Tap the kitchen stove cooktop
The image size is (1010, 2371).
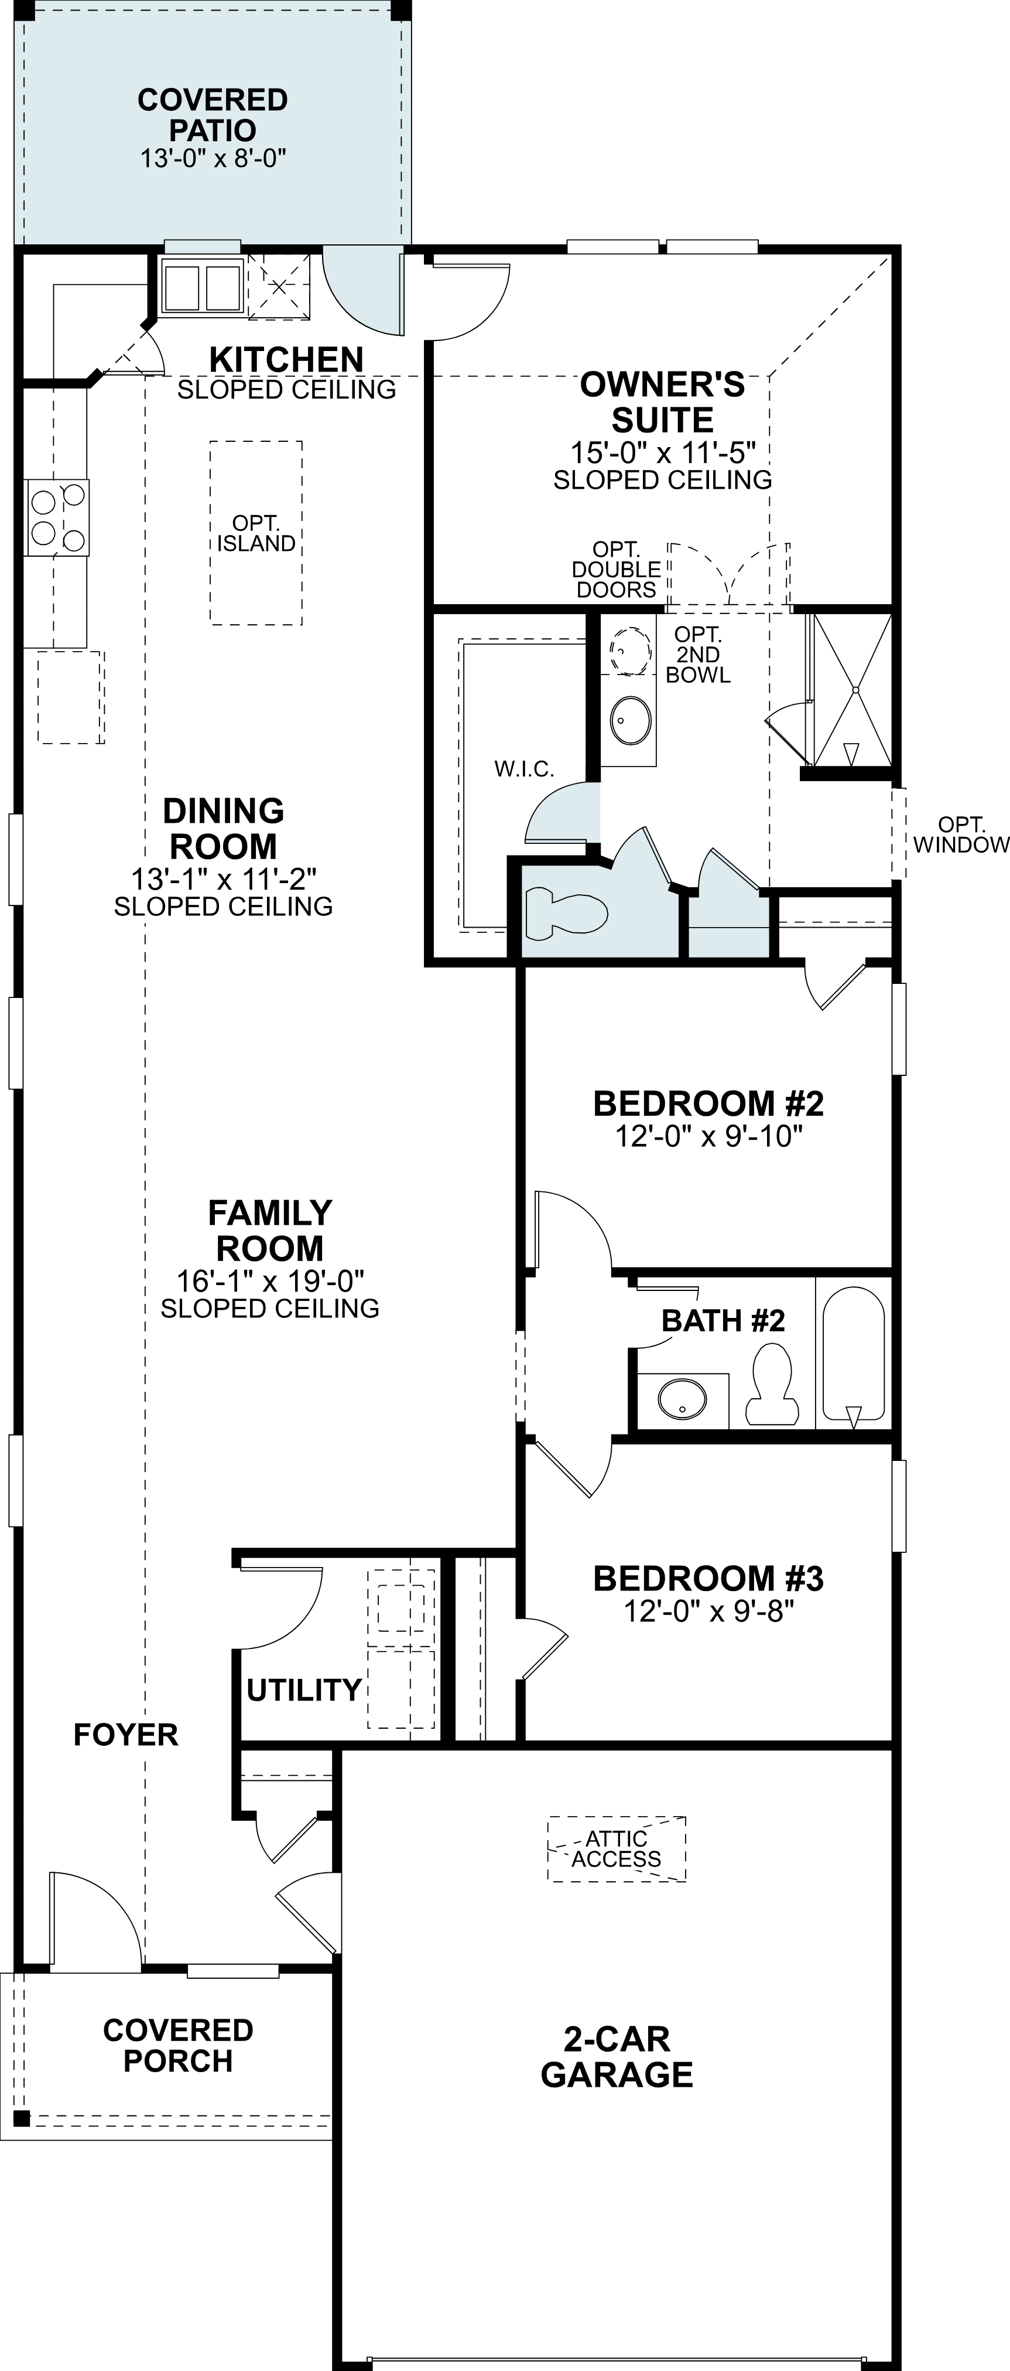point(57,518)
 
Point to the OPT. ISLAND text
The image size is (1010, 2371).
point(256,534)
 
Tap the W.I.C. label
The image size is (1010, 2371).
point(524,769)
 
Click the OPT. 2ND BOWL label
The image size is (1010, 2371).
point(698,655)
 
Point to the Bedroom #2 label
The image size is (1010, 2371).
point(708,1103)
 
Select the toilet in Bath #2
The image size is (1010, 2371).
point(771,1381)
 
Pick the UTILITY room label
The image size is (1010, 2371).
point(303,1690)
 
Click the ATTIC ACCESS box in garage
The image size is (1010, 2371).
point(617,1848)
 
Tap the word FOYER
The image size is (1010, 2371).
point(126,1735)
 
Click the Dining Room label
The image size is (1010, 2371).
point(224,829)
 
